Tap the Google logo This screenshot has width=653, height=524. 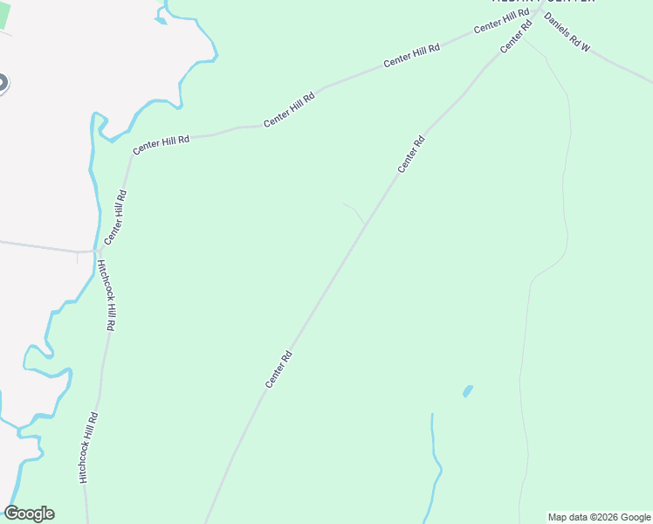29,514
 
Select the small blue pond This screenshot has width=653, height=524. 468,390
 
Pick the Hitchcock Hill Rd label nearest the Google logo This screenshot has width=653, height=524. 86,448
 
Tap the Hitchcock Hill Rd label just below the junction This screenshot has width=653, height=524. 107,295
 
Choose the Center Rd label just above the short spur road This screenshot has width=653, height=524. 411,155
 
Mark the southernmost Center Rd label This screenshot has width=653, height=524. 278,369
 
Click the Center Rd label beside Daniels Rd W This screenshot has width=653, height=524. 516,37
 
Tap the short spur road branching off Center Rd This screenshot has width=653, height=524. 354,212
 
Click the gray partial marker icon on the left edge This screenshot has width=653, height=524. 3,84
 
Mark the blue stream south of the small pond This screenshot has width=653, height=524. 434,463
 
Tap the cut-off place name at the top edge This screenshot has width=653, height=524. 541,2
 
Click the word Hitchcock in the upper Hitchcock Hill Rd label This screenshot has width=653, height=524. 104,281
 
